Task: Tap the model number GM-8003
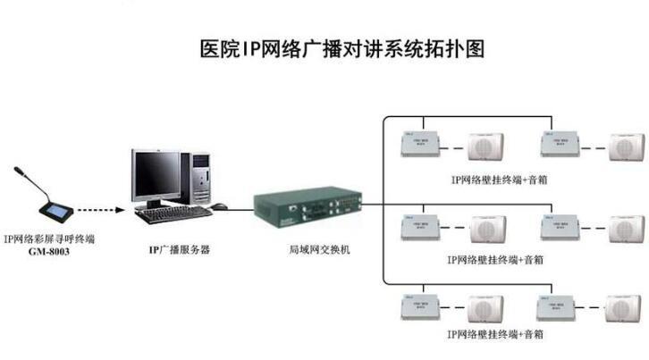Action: pyautogui.click(x=48, y=253)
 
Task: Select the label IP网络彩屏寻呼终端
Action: pyautogui.click(x=48, y=239)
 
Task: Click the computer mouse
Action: pyautogui.click(x=219, y=206)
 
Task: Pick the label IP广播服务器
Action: pyautogui.click(x=178, y=251)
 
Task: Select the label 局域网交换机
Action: pyautogui.click(x=314, y=250)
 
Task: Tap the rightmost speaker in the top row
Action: pyautogui.click(x=626, y=147)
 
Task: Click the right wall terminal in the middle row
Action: pyautogui.click(x=562, y=226)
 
